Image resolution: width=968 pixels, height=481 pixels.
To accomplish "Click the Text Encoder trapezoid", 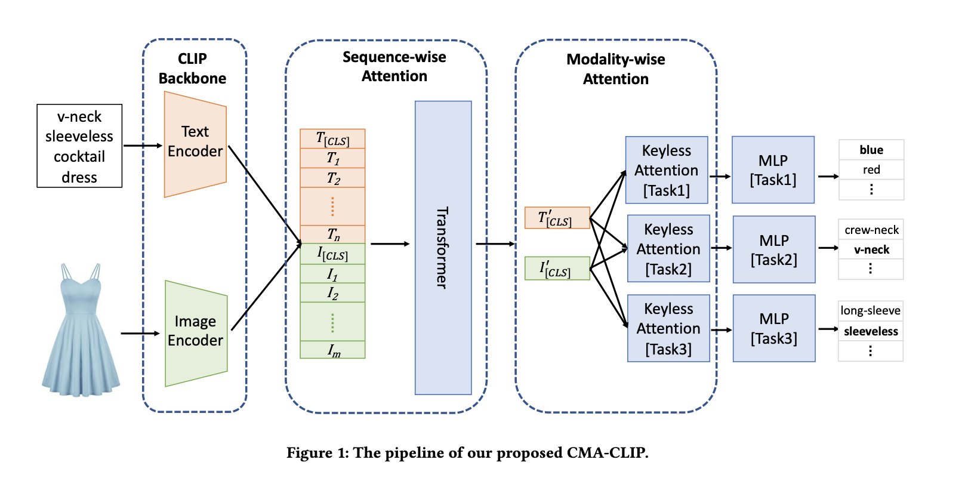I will click(x=195, y=143).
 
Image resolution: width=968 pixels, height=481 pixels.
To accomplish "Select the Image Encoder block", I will click(x=196, y=332).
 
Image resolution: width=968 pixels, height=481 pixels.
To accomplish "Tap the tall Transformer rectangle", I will click(x=443, y=248).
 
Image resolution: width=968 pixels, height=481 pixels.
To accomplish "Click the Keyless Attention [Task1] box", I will click(x=667, y=170).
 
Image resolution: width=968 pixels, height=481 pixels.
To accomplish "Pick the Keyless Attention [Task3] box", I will click(x=668, y=328).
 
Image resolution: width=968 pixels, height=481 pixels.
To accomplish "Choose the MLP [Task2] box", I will click(x=774, y=249).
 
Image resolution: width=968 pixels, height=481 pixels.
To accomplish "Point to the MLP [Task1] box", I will click(x=773, y=170).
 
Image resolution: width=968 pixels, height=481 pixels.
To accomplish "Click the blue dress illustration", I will click(x=81, y=331).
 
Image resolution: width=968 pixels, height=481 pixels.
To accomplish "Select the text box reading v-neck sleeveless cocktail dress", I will click(x=79, y=146).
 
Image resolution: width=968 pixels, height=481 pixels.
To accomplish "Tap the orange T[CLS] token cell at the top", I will click(x=332, y=139).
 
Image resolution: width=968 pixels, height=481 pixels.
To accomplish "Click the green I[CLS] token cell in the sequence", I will click(x=332, y=254).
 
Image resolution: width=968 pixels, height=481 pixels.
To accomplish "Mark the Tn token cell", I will click(x=332, y=235).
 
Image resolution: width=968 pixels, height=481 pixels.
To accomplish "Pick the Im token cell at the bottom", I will click(x=332, y=350).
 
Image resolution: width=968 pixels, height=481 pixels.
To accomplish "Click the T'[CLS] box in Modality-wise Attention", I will click(x=557, y=218).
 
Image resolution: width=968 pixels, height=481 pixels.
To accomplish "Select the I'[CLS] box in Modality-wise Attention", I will click(x=557, y=269).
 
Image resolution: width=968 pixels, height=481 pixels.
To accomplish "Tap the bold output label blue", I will click(x=871, y=150).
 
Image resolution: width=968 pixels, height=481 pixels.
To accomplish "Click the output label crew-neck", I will click(x=871, y=230).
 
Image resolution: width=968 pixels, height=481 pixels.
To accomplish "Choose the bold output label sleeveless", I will click(x=871, y=331).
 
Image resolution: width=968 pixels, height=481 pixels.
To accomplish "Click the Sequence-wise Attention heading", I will click(x=394, y=66).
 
